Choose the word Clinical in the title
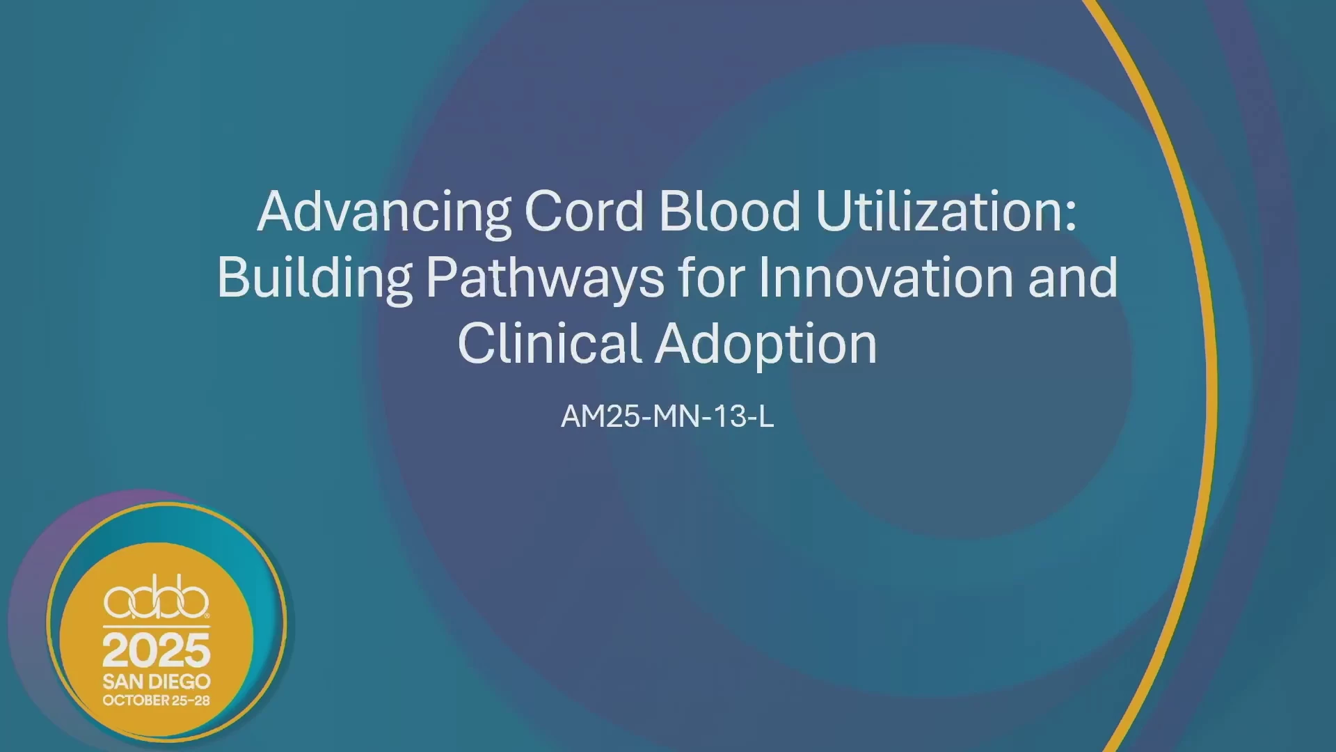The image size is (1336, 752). point(549,343)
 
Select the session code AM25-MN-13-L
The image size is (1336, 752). point(667,416)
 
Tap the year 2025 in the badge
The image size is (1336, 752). point(157,650)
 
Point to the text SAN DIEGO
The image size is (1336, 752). point(157,681)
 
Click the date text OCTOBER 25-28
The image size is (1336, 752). point(157,700)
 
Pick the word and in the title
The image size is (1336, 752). point(1072,277)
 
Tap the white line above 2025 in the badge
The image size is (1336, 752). point(157,627)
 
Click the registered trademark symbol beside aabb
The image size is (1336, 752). point(207,616)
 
